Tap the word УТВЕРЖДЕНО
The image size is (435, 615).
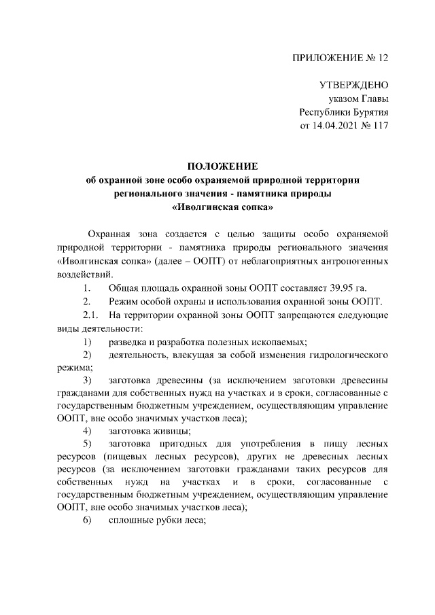pyautogui.click(x=353, y=86)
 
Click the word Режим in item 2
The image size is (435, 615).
pyautogui.click(x=124, y=301)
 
